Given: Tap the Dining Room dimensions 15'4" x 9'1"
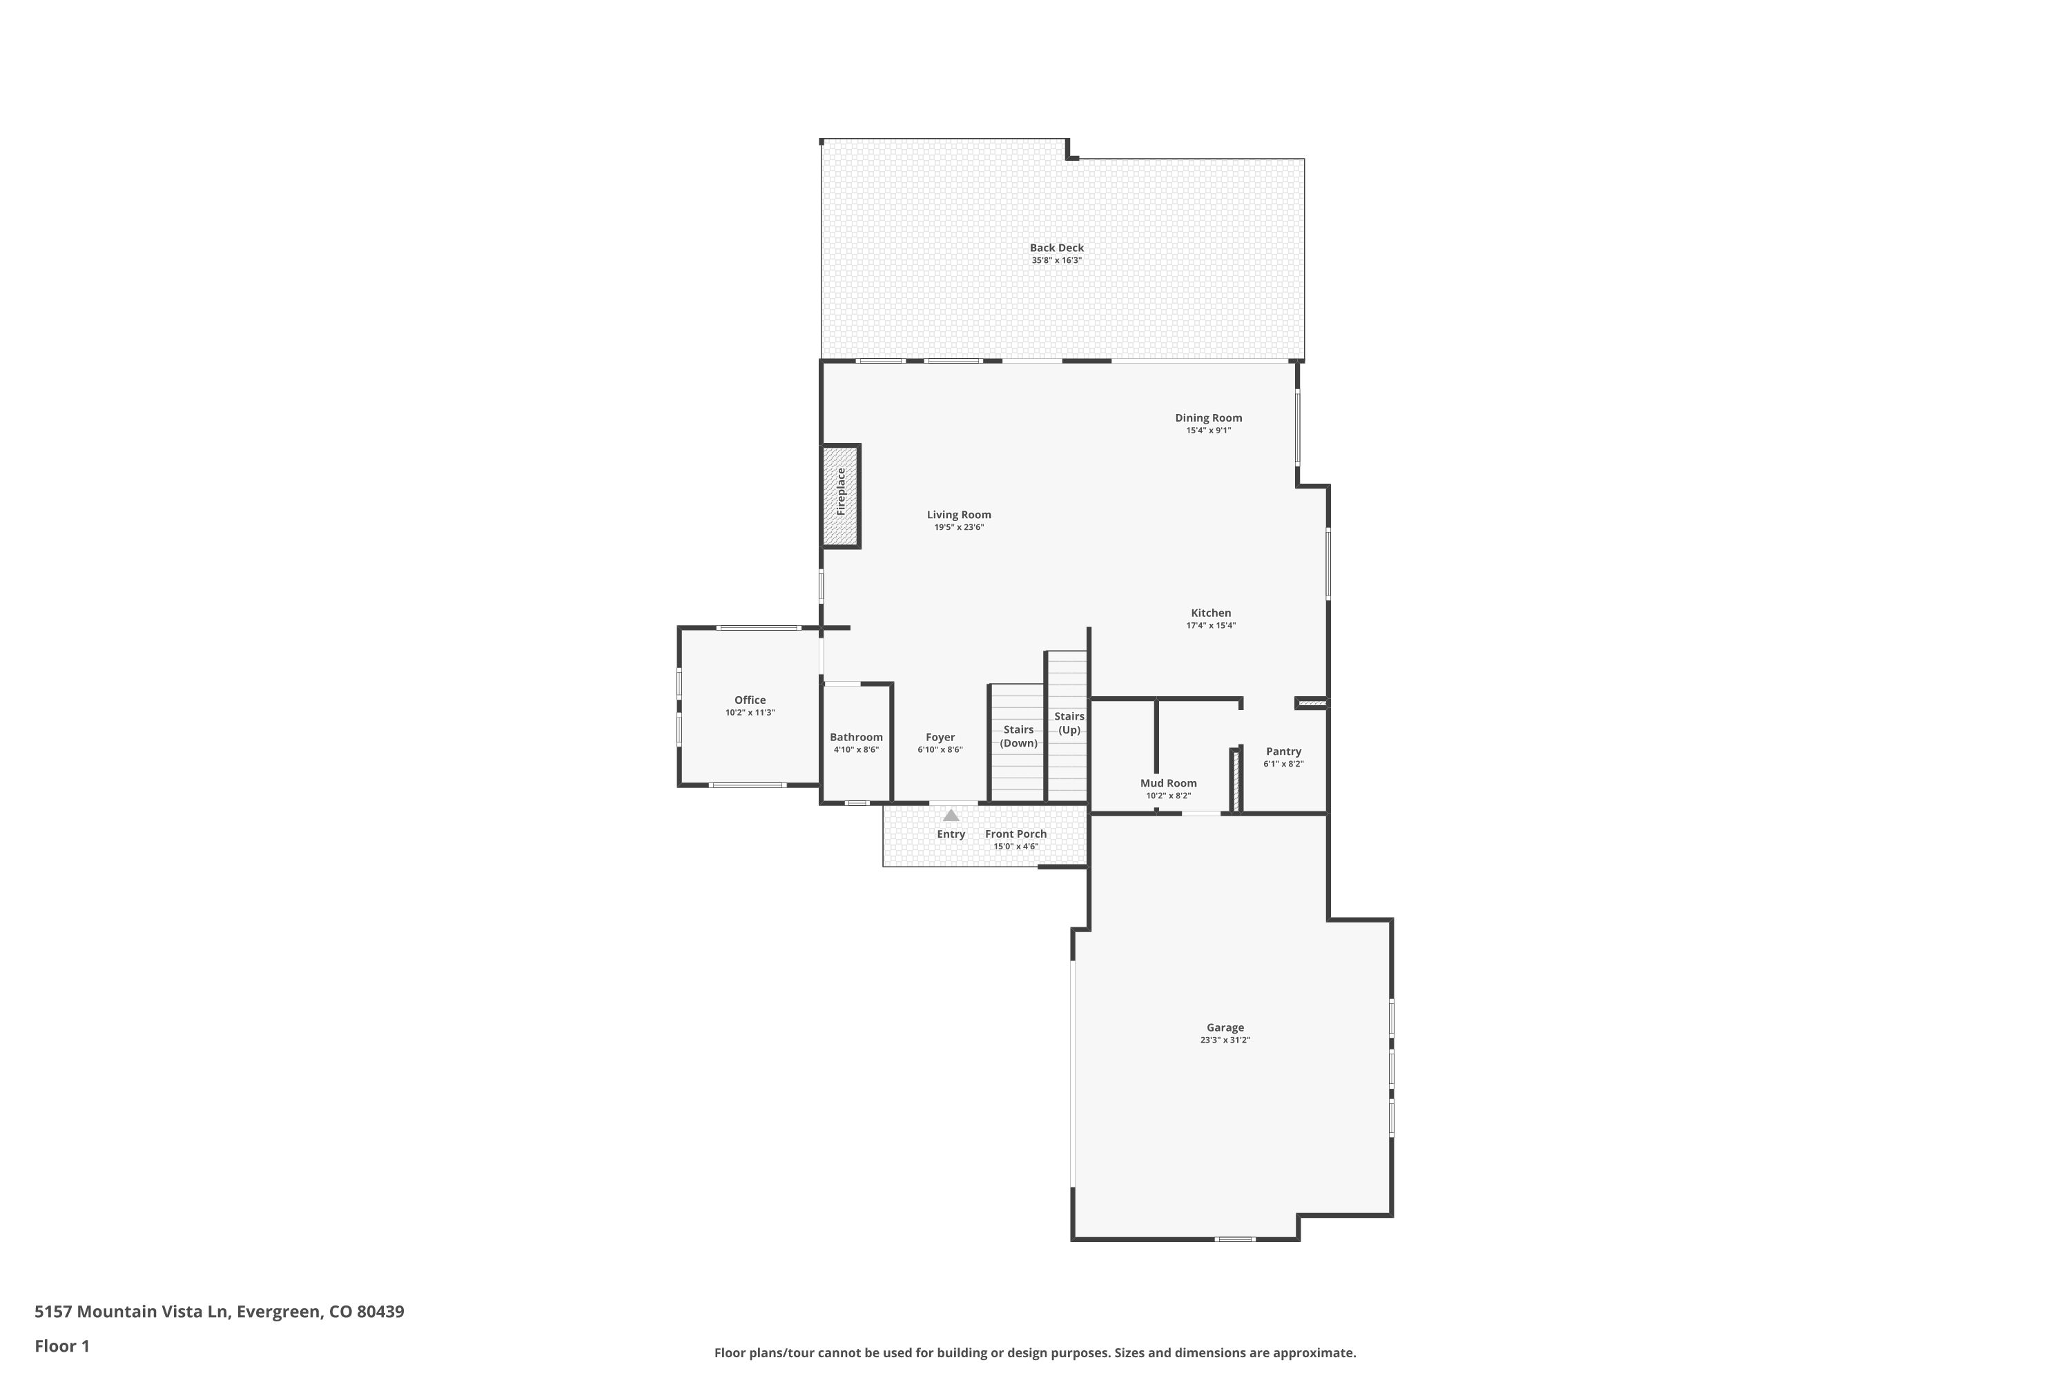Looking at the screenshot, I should pyautogui.click(x=1208, y=431).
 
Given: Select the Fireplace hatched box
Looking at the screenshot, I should pyautogui.click(x=840, y=496).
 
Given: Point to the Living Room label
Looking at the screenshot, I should pyautogui.click(x=958, y=515).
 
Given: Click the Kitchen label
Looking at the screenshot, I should pyautogui.click(x=1211, y=613).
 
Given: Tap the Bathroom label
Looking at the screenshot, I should pyautogui.click(x=856, y=738).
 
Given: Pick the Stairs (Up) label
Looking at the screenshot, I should pyautogui.click(x=1069, y=722).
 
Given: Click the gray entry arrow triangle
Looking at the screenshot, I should pyautogui.click(x=951, y=816).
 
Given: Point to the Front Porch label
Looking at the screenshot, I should pyautogui.click(x=1015, y=834).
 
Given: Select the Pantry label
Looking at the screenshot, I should pyautogui.click(x=1283, y=751).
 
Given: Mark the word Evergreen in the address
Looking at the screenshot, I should pyautogui.click(x=278, y=1312).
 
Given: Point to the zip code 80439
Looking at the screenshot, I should pyautogui.click(x=380, y=1312).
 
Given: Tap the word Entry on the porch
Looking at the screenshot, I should pyautogui.click(x=951, y=834).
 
